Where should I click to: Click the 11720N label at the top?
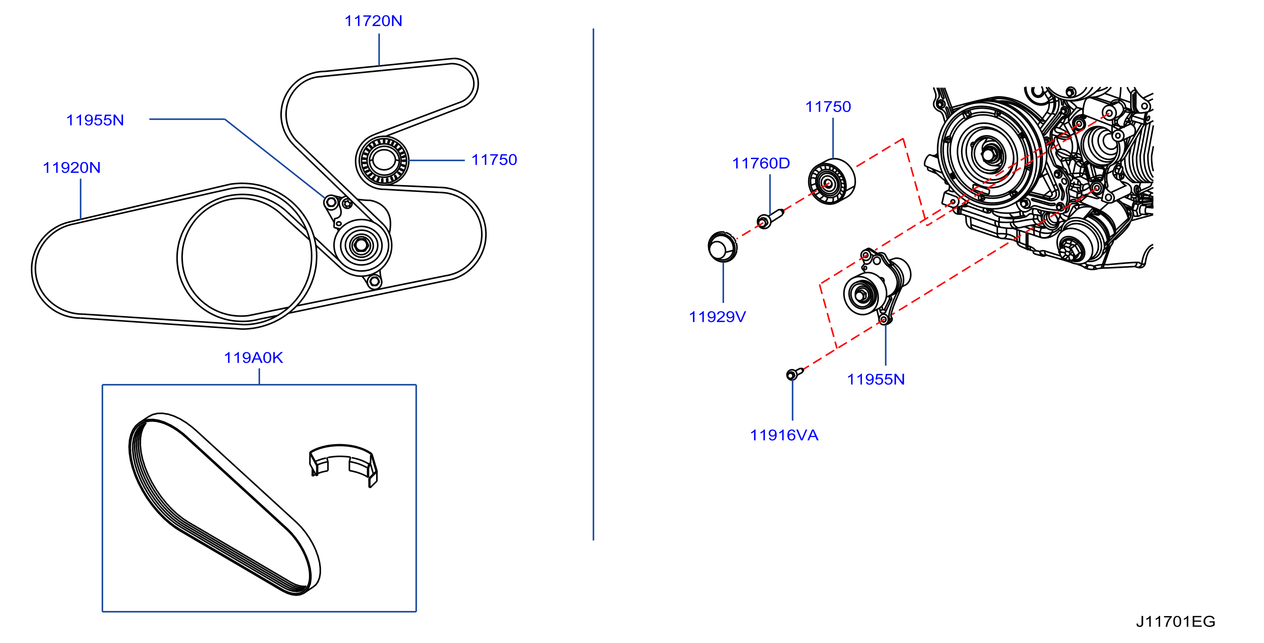pos(373,21)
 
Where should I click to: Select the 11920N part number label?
pos(71,168)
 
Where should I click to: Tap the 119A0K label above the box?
pos(253,357)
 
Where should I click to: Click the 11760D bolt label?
pos(760,163)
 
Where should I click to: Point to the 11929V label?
pos(718,317)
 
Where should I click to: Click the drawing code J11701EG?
pos(1176,621)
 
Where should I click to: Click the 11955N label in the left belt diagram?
pos(95,120)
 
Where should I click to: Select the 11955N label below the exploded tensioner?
pos(876,379)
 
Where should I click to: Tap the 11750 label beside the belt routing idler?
pos(494,160)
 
